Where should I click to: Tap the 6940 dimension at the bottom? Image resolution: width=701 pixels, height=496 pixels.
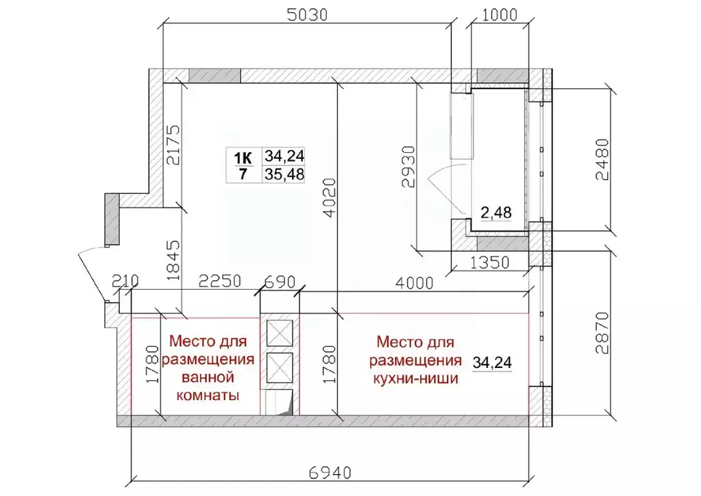(x=331, y=473)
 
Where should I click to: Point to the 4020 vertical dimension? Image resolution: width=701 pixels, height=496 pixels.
(x=330, y=199)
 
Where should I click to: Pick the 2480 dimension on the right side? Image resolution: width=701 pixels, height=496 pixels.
(x=602, y=160)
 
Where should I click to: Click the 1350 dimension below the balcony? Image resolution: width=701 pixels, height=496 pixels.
(x=489, y=261)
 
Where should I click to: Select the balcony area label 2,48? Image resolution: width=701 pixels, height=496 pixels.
(x=495, y=213)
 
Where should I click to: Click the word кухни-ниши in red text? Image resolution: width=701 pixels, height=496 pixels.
(x=414, y=377)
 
